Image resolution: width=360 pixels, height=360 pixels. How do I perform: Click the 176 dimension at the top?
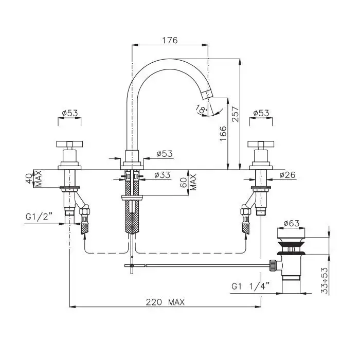point(170,40)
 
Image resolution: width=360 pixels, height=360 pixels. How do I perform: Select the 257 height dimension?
point(236,114)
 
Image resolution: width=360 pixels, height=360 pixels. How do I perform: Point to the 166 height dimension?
point(223,133)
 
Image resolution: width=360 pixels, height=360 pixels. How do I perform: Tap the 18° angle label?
point(202,109)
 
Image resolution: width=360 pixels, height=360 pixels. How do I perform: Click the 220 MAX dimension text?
point(165,302)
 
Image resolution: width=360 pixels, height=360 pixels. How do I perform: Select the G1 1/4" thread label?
point(250,286)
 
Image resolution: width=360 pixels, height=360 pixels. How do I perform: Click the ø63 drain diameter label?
point(292,223)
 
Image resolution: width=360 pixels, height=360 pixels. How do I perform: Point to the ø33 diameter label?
point(163,175)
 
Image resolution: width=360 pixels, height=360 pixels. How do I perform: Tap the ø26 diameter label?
point(287,175)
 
